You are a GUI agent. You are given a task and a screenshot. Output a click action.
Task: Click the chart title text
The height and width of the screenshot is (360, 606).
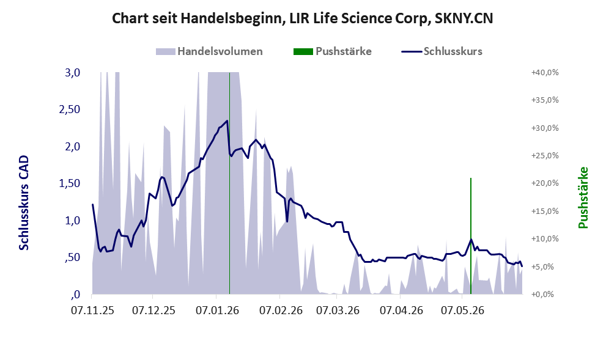click(302, 18)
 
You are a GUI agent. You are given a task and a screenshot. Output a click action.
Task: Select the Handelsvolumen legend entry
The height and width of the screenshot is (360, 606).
click(209, 51)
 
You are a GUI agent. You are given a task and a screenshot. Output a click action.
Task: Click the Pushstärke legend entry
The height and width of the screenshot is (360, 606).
click(333, 51)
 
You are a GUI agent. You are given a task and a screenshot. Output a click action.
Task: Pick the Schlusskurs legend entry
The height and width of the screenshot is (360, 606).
click(442, 51)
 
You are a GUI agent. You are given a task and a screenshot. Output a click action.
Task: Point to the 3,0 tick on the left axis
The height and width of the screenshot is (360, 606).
click(72, 73)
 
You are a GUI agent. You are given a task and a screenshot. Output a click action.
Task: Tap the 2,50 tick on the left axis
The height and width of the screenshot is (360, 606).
click(69, 109)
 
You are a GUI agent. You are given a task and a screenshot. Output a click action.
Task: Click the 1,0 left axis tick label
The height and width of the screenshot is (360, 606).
click(72, 221)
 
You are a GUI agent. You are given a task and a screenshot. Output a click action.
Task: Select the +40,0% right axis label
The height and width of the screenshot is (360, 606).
click(545, 73)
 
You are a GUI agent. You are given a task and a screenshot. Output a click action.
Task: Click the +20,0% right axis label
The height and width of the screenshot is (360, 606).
click(545, 183)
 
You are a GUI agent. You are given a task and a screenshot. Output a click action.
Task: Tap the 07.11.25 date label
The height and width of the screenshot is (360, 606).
click(92, 310)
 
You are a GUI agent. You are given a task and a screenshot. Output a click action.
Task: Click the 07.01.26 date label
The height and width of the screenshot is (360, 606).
click(217, 310)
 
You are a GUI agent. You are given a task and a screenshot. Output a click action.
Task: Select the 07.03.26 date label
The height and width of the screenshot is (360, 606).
click(338, 310)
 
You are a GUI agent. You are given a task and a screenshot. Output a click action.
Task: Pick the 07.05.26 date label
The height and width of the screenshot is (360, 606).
click(463, 310)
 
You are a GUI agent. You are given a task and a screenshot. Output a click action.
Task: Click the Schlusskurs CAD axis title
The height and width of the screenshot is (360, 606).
click(24, 203)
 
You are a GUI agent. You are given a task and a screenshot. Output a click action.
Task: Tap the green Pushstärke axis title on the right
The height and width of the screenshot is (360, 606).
click(583, 197)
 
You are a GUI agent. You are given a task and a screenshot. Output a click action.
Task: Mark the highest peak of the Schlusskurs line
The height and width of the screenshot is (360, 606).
click(227, 120)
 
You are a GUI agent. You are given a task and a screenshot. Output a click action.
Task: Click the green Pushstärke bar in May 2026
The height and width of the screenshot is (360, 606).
click(471, 236)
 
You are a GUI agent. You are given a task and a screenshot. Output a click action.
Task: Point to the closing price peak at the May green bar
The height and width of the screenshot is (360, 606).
click(471, 240)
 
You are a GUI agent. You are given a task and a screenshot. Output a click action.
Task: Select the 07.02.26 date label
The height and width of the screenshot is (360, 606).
click(281, 310)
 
